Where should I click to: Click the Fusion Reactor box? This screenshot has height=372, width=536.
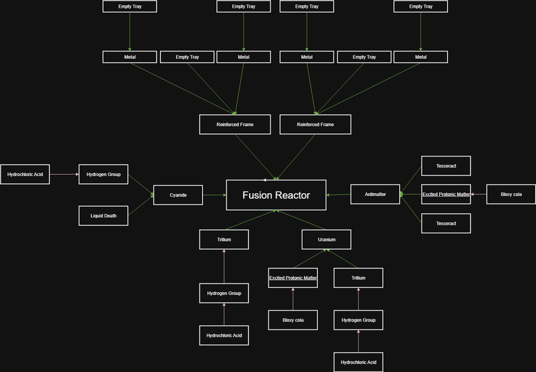coord(276,195)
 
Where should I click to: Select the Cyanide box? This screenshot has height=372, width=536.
coord(178,195)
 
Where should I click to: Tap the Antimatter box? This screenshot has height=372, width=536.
coord(375,194)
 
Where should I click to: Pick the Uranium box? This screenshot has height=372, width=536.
coord(326,240)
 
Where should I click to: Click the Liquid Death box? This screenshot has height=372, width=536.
coord(103,216)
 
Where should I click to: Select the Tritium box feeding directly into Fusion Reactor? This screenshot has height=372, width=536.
coord(223,240)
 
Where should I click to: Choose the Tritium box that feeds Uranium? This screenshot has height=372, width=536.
coord(358,278)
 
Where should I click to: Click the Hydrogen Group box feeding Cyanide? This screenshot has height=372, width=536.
coord(103,174)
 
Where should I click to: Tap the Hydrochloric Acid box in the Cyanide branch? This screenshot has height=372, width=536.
coord(25,174)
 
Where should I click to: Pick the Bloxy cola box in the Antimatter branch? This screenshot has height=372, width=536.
coord(510,194)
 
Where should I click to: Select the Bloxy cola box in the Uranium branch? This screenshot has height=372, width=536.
coord(293,320)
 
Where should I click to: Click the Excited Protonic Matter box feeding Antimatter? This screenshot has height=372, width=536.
coord(445,194)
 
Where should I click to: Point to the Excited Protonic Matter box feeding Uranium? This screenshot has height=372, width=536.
coord(293,278)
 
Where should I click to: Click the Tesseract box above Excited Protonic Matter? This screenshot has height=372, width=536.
coord(445,166)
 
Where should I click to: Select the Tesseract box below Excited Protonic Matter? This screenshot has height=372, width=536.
coord(445,223)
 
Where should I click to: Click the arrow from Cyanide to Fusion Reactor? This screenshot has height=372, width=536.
coord(214,195)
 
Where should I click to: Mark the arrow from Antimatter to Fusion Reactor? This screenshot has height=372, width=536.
coord(338,195)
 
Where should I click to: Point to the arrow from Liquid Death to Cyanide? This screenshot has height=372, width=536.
coord(141,206)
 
